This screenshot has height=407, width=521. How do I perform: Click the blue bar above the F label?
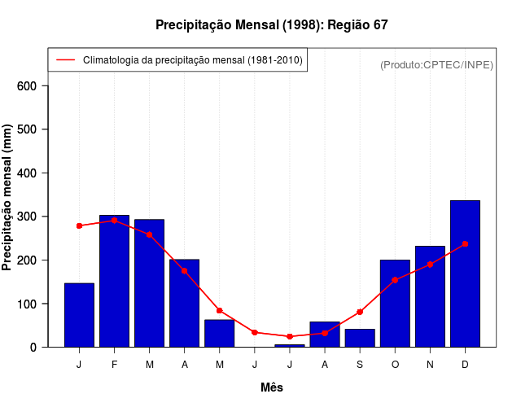[114, 281]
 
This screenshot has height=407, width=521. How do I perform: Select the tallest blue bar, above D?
[465, 274]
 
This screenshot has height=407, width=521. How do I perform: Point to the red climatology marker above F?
[114, 221]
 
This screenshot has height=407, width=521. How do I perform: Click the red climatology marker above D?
[465, 243]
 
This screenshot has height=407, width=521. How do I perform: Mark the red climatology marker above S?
[360, 312]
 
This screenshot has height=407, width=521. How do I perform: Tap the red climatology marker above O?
[395, 279]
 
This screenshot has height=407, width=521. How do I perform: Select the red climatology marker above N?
[430, 265]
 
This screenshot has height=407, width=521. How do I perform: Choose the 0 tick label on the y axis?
[44, 348]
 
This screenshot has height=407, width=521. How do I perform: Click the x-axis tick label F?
[114, 364]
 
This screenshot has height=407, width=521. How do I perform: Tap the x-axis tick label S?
[360, 364]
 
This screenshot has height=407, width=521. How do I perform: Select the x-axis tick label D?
[465, 364]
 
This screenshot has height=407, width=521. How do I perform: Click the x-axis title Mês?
[272, 387]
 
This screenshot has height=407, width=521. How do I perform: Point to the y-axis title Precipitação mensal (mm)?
[8, 198]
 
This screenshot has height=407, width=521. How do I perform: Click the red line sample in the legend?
[66, 60]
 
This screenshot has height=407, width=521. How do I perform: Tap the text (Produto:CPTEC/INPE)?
[436, 64]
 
